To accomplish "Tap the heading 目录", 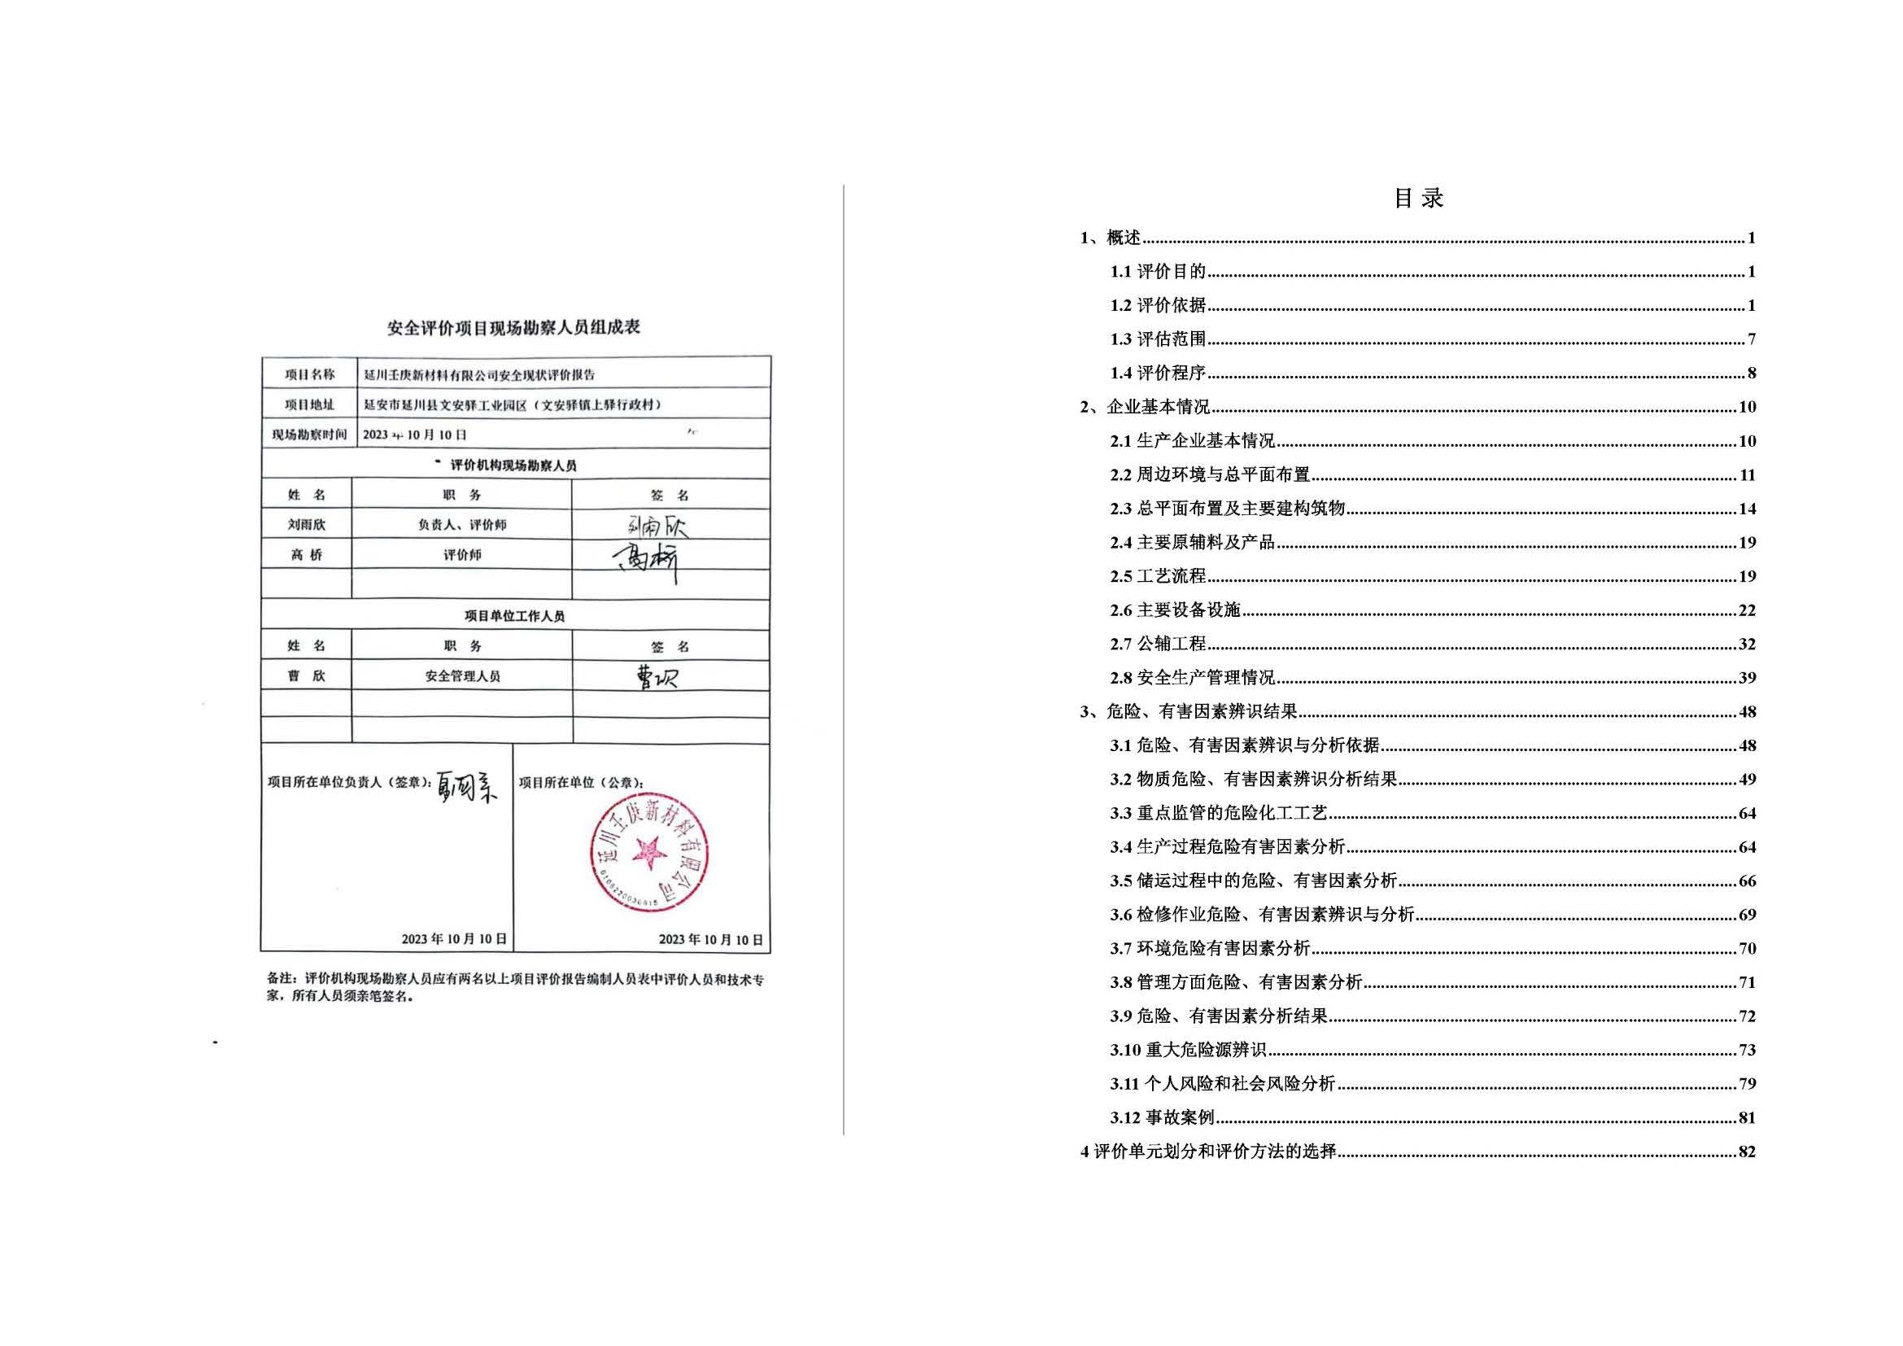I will coord(1418,198).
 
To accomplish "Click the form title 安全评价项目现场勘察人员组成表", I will coord(514,327).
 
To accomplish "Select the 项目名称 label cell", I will coord(309,374).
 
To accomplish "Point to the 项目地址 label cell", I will coord(309,404).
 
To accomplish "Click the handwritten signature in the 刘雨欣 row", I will coord(657,526).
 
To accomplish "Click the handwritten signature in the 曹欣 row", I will coord(656,678).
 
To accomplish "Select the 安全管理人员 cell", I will coord(462,676).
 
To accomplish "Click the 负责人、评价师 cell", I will coord(462,525).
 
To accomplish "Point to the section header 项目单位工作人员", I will coord(515,616).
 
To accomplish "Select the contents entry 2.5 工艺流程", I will coord(1158,576).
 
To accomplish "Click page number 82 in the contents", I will coord(1746,1152).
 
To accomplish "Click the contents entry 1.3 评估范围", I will coord(1158,339).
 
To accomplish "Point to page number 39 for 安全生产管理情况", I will coord(1746,678).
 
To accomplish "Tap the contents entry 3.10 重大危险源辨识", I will coord(1188,1050).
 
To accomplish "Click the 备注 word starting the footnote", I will coord(278,979).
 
